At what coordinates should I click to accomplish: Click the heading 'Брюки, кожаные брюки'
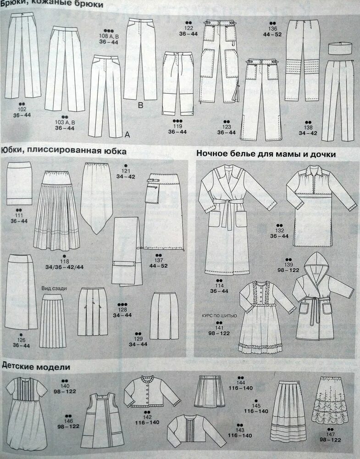[x=51, y=5]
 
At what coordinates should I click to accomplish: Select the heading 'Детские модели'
[x=35, y=367]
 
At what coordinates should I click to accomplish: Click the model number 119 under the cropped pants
[x=177, y=126]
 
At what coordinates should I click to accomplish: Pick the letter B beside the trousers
[x=141, y=106]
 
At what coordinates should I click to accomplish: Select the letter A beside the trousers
[x=127, y=134]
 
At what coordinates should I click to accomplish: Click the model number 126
[x=21, y=340]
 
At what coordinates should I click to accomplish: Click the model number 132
[x=279, y=230]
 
